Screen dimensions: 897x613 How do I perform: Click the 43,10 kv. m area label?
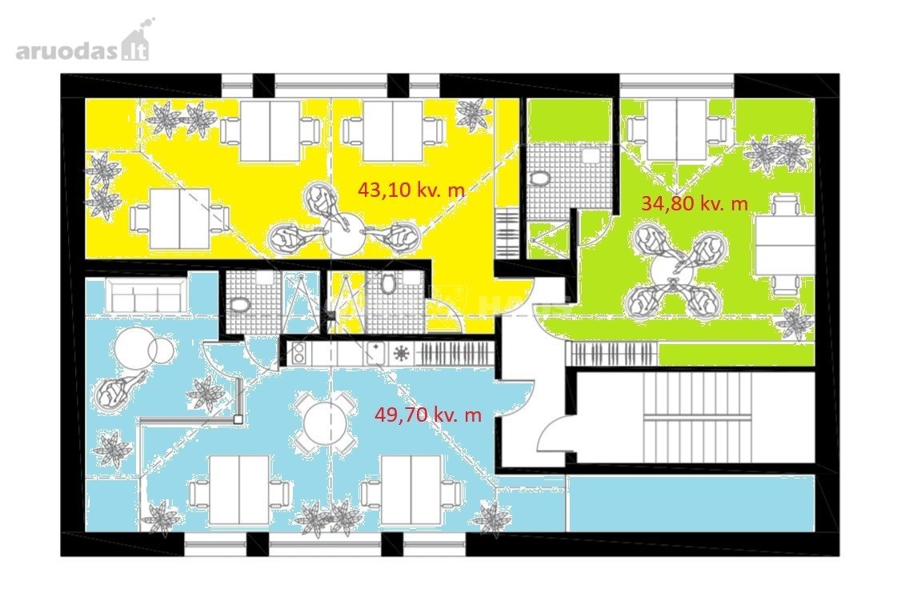[x=411, y=190]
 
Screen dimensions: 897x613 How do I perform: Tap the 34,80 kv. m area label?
[x=695, y=202]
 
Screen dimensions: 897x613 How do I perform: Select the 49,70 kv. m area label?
[x=428, y=414]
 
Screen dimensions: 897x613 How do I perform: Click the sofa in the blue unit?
[x=145, y=294]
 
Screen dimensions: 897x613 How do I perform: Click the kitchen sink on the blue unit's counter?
[x=374, y=353]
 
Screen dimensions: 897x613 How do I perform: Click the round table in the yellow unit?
[x=342, y=234]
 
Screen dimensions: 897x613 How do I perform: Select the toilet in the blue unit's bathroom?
[x=238, y=304]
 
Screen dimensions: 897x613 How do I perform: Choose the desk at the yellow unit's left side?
[x=179, y=218]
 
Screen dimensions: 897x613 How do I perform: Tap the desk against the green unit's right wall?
[x=784, y=244]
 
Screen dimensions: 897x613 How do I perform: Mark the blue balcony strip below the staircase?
[x=691, y=502]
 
